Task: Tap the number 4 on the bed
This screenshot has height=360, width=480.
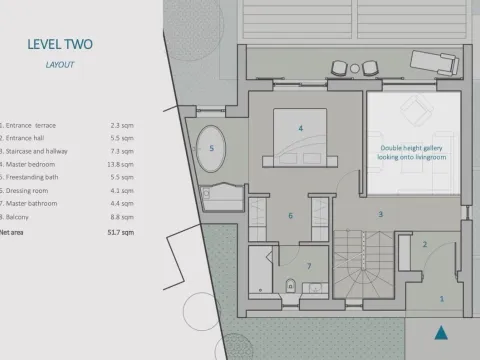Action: click(300, 129)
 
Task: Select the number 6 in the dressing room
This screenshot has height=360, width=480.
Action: click(291, 215)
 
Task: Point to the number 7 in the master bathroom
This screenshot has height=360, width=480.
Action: click(308, 266)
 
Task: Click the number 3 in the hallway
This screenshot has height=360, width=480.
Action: click(380, 214)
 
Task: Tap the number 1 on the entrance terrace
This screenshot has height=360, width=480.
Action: click(442, 298)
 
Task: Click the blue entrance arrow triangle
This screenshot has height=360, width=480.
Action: click(441, 333)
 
